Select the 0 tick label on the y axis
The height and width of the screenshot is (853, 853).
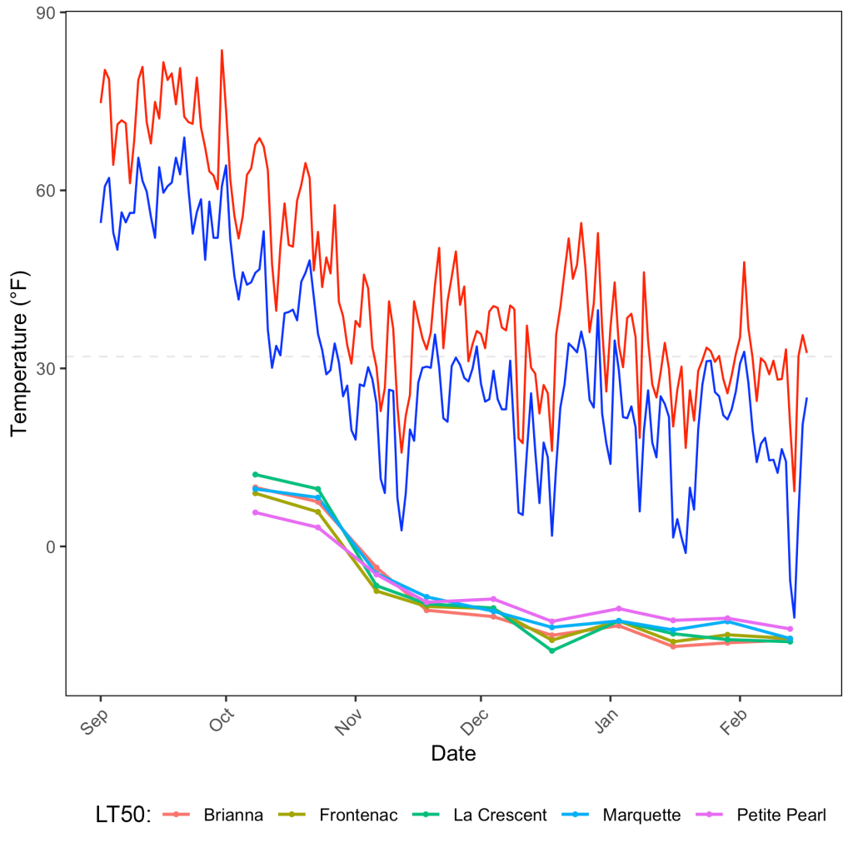pos(51,547)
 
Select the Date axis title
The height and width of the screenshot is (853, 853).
pos(453,754)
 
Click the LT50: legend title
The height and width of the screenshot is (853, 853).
pos(122,816)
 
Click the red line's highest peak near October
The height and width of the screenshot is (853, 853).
pos(222,50)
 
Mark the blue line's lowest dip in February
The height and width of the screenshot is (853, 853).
pos(794,617)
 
